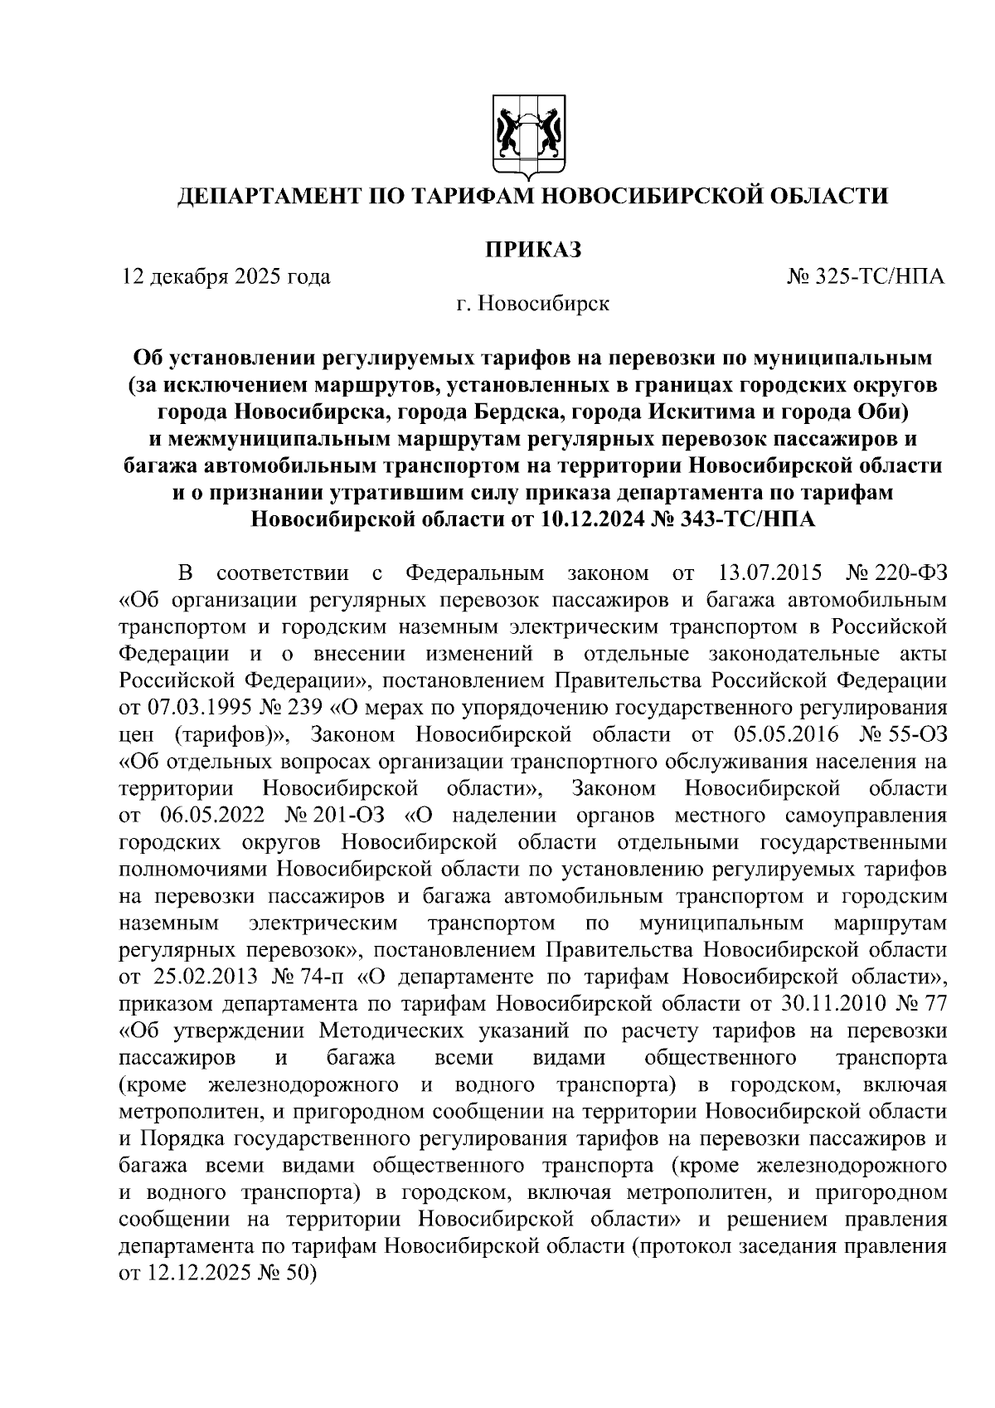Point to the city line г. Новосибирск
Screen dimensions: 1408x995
click(x=531, y=304)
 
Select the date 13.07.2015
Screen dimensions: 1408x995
click(x=766, y=573)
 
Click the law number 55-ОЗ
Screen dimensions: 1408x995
click(x=915, y=734)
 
